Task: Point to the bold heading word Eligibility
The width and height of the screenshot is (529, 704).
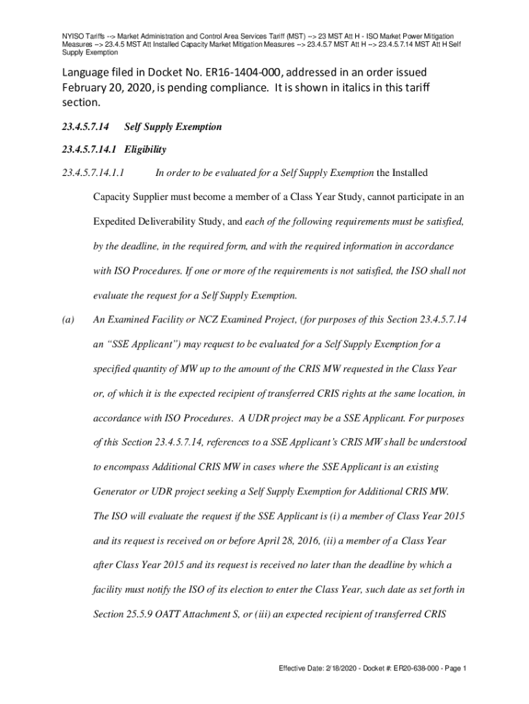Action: (x=144, y=149)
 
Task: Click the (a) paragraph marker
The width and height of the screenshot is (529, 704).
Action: (x=67, y=319)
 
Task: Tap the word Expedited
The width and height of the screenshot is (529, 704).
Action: (x=116, y=222)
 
